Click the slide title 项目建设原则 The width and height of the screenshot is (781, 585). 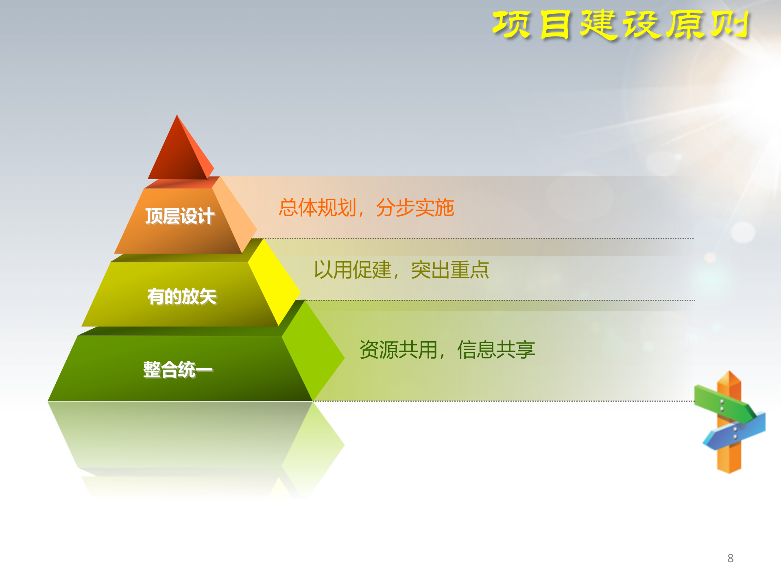[620, 25]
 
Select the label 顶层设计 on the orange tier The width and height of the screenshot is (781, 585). [180, 216]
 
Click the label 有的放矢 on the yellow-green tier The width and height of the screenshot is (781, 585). [182, 297]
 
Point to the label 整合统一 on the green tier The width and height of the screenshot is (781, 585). [178, 370]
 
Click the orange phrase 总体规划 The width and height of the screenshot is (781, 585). [317, 208]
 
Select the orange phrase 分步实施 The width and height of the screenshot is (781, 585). [415, 208]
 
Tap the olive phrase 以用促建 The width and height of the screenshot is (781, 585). [352, 270]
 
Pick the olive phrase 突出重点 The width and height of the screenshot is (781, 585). [450, 270]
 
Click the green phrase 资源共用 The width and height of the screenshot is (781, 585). [398, 350]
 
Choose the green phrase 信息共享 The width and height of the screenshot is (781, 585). [496, 350]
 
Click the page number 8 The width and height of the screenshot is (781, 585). [730, 558]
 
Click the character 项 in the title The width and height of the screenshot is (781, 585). [511, 25]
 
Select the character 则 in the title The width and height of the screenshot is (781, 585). [730, 25]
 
